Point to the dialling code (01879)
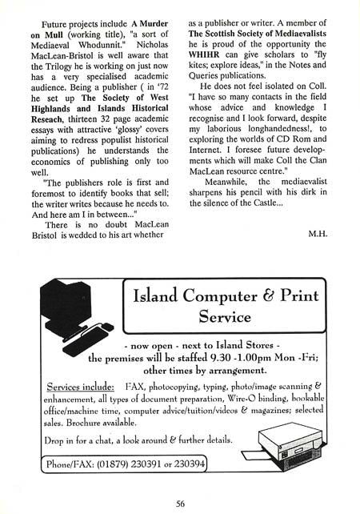click(x=100, y=464)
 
